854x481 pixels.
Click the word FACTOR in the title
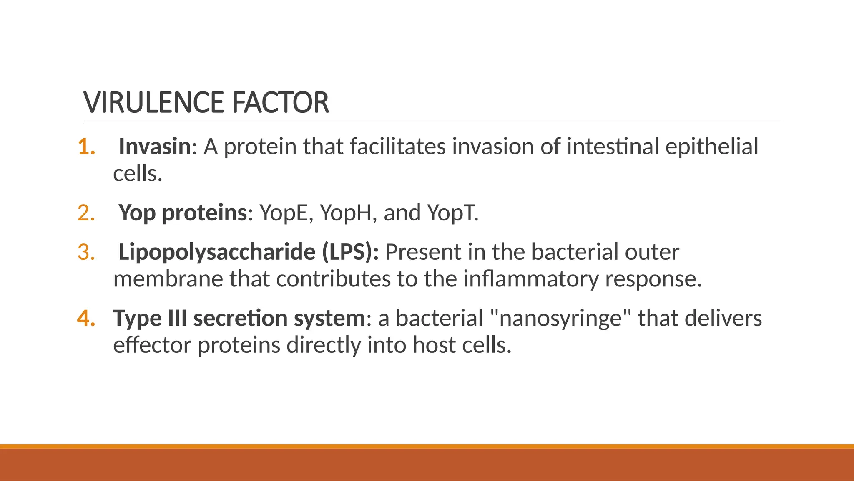[x=280, y=103]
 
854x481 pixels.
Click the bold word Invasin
[x=155, y=147]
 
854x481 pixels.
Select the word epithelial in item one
[x=711, y=147]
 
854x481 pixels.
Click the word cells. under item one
[x=137, y=174]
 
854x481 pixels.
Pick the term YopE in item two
[x=286, y=213]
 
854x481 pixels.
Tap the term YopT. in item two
[x=453, y=213]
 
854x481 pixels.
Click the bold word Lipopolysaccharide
[x=217, y=252]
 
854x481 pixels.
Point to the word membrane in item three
[x=168, y=279]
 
